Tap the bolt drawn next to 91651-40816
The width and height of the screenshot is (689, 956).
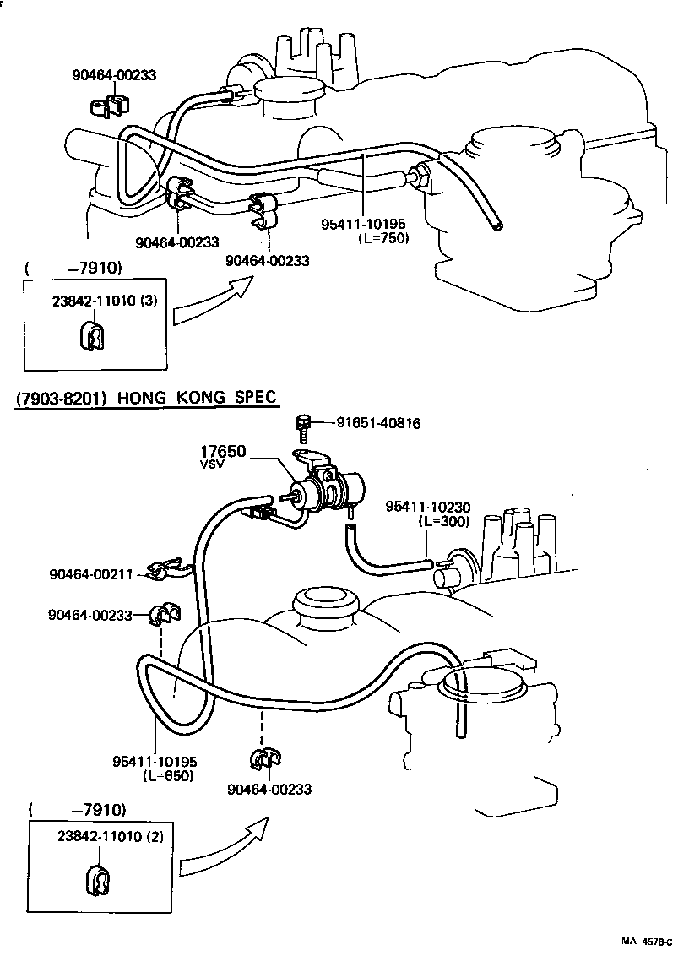304,426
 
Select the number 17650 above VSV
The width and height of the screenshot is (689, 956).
223,452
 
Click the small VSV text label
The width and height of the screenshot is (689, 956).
211,464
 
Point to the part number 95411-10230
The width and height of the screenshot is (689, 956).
428,507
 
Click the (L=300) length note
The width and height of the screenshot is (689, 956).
444,521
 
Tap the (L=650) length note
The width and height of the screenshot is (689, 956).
168,776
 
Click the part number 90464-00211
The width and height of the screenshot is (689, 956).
91,575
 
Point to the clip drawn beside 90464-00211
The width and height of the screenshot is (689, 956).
165,573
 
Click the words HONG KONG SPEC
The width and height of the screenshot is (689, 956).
198,397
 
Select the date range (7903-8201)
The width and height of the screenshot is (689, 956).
61,397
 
